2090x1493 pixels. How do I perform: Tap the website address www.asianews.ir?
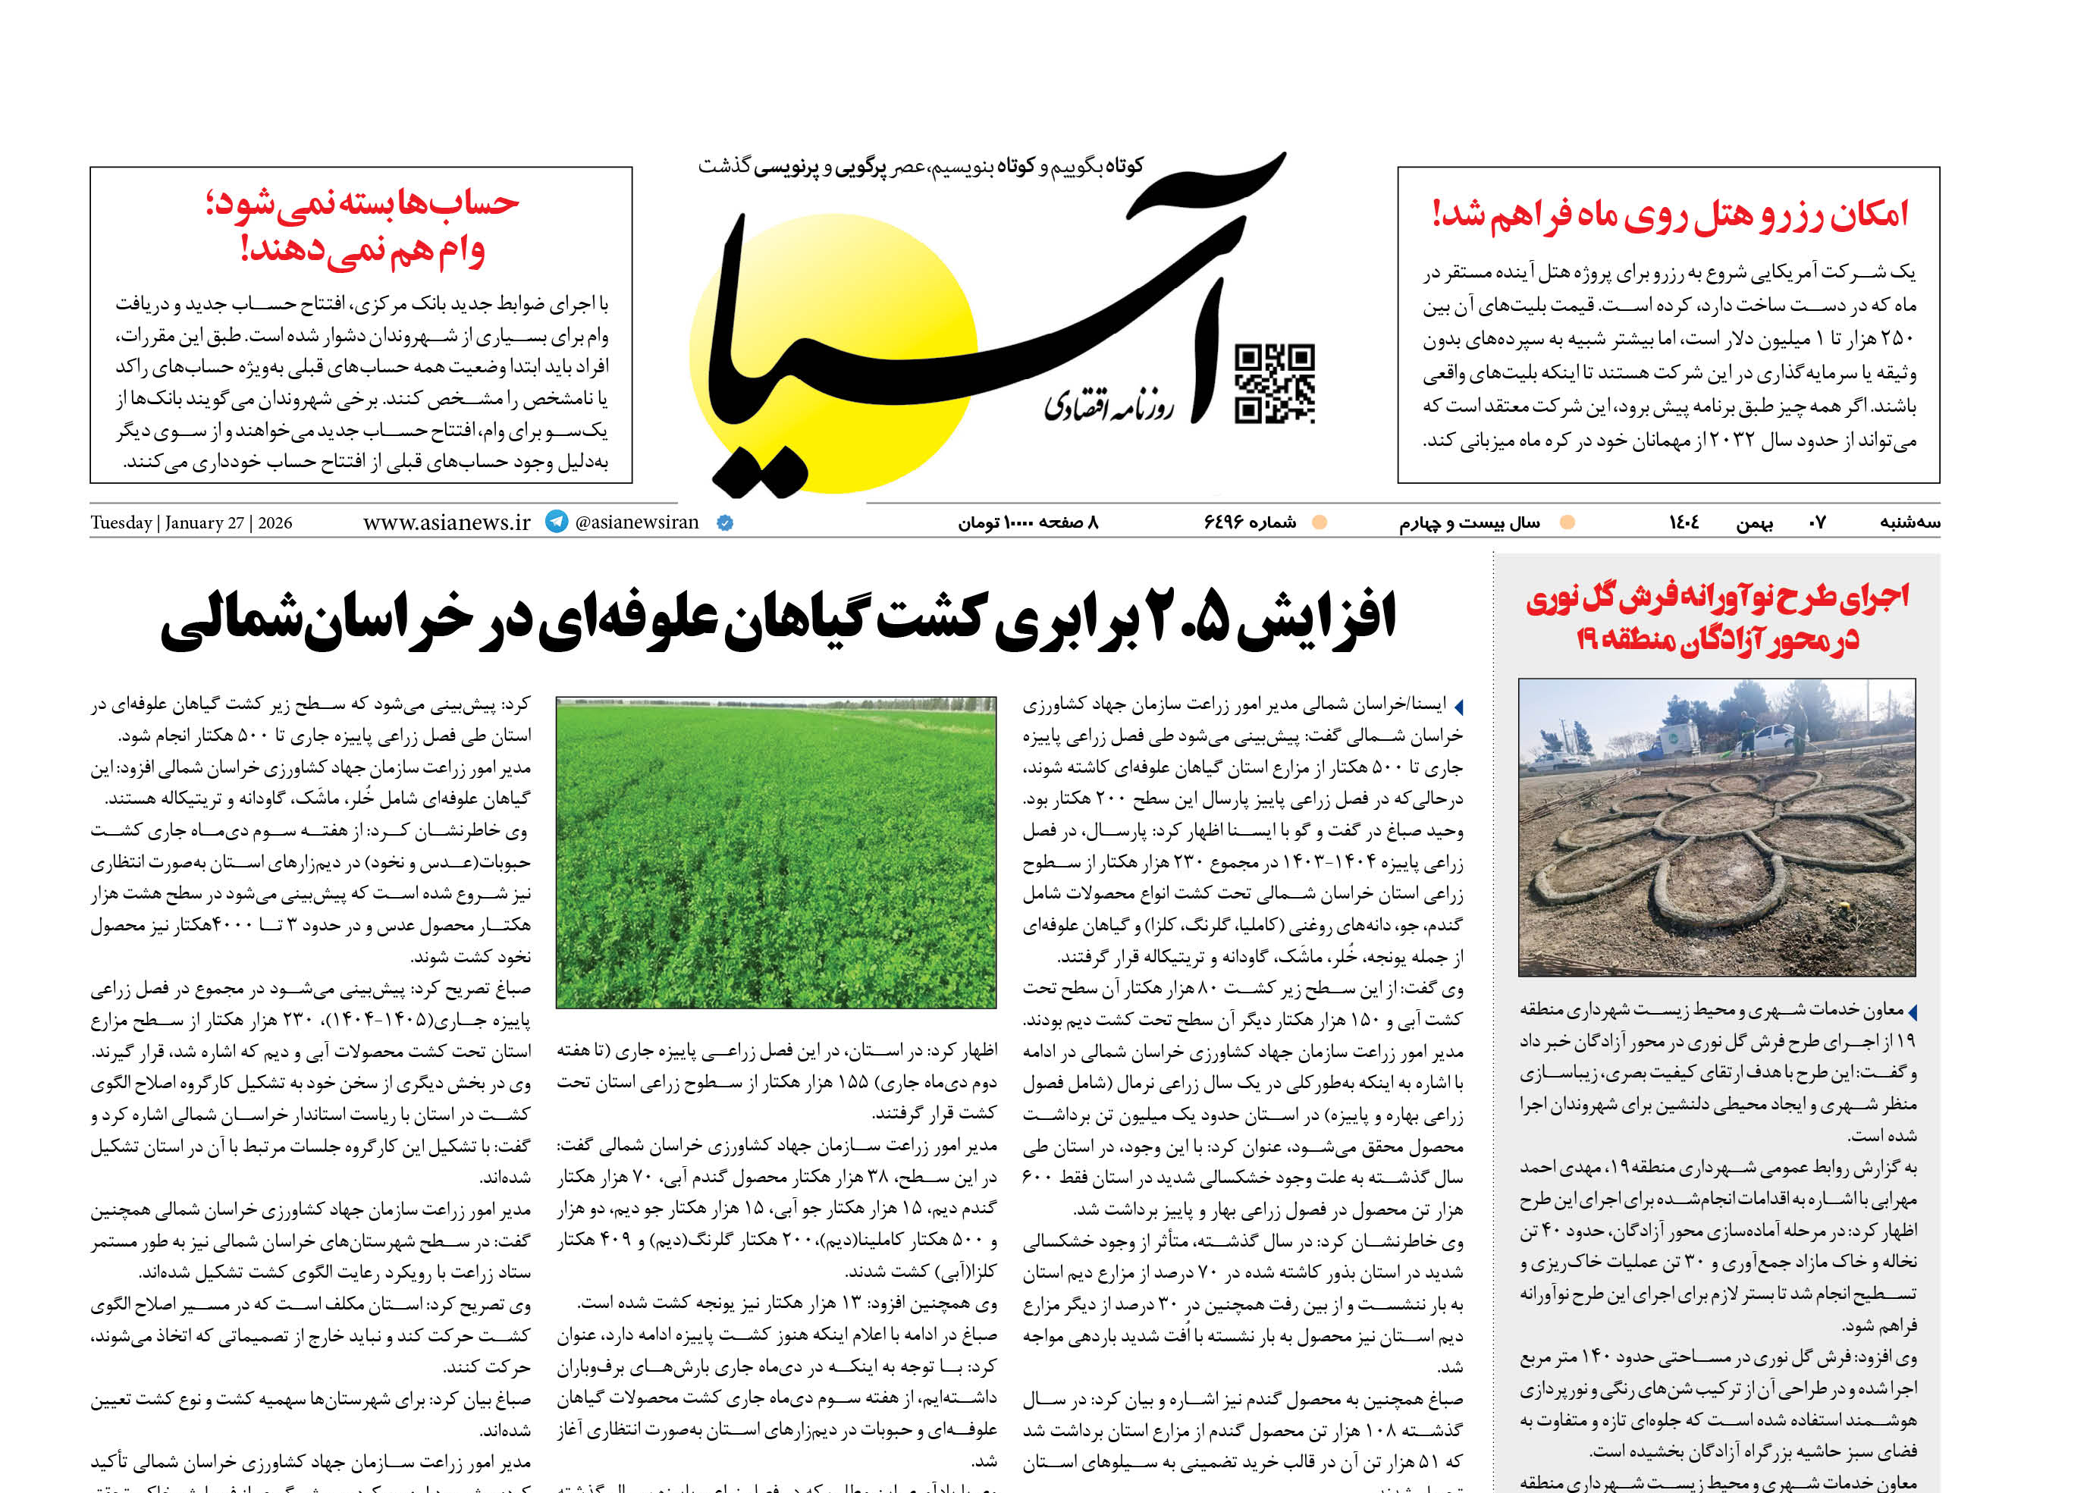(x=447, y=522)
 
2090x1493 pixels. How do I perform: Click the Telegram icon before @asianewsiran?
(x=557, y=521)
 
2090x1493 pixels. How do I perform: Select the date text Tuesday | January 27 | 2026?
(x=191, y=523)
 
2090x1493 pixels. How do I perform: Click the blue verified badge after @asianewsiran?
(x=724, y=523)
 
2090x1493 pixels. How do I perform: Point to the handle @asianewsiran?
(x=636, y=522)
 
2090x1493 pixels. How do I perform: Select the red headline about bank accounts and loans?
(x=362, y=225)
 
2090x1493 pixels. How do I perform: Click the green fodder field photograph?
(x=775, y=852)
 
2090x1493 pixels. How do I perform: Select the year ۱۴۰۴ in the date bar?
(x=1684, y=523)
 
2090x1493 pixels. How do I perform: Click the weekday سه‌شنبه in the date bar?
(x=1909, y=523)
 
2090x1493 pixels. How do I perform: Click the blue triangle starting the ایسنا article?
(x=1458, y=707)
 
